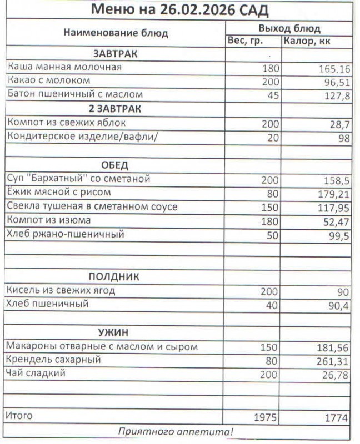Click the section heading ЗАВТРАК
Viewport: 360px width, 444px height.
coord(115,54)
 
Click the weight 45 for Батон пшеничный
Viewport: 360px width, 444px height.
coord(272,95)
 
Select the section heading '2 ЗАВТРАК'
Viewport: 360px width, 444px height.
coord(115,109)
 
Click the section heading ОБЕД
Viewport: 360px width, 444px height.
coord(115,165)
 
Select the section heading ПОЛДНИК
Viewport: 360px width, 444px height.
coord(115,277)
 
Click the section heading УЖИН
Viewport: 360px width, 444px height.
coord(114,333)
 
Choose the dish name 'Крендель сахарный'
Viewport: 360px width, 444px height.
coord(53,360)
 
